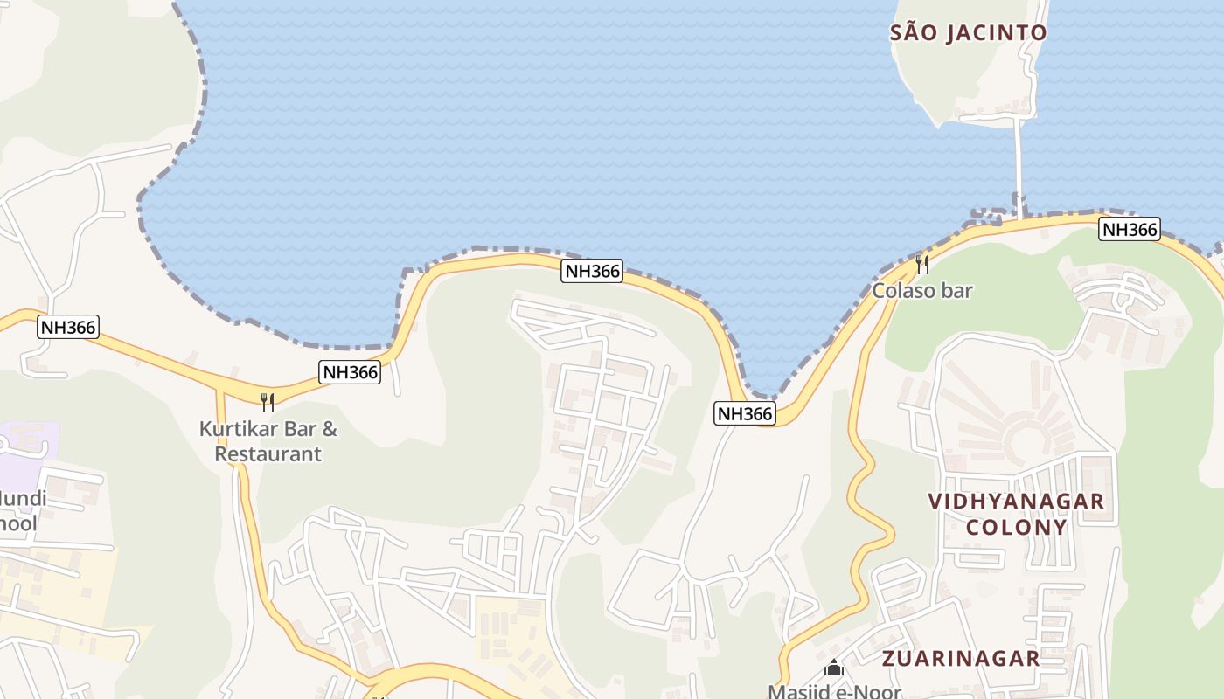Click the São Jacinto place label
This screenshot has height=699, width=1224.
(x=968, y=33)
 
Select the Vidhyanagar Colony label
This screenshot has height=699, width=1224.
(x=1016, y=514)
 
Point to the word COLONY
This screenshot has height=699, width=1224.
(x=1016, y=528)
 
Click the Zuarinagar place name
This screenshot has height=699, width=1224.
(x=961, y=658)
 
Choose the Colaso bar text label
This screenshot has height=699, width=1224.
(x=921, y=291)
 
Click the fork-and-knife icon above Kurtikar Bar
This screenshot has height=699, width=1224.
(x=268, y=402)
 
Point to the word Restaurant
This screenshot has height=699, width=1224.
(x=268, y=454)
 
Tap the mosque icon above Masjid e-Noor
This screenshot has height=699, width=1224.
(x=834, y=668)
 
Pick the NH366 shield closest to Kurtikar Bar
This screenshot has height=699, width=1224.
(x=350, y=372)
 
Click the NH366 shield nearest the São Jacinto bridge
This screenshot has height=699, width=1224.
(x=1129, y=230)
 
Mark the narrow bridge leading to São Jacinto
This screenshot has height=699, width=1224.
(x=1019, y=166)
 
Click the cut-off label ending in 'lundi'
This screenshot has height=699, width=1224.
(x=24, y=500)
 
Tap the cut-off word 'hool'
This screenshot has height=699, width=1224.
(x=18, y=523)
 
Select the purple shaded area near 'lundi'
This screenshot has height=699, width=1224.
(x=31, y=441)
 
